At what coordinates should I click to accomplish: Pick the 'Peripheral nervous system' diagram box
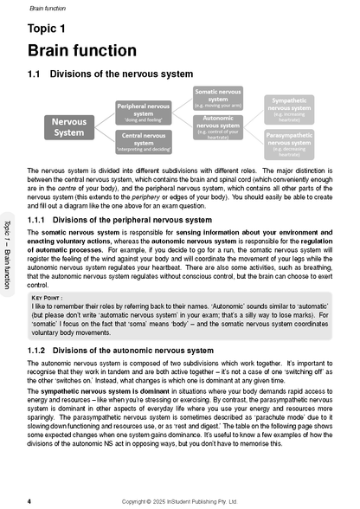(145, 111)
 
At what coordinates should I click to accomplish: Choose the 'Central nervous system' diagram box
(145, 140)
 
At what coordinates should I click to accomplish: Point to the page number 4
(29, 500)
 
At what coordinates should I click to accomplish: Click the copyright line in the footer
(179, 500)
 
